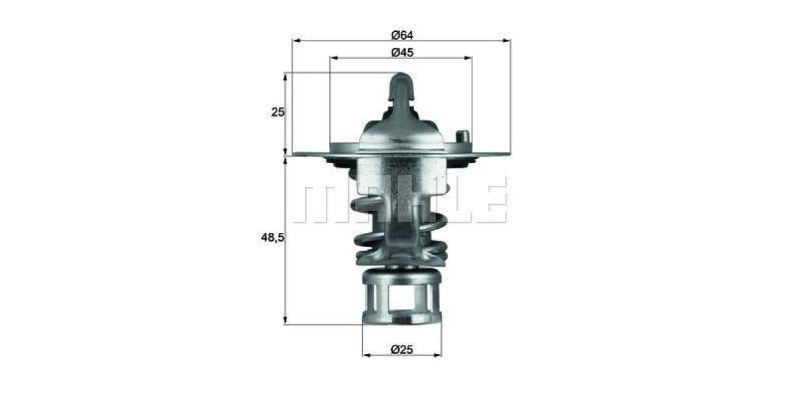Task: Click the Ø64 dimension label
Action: click(402, 34)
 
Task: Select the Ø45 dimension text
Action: click(402, 52)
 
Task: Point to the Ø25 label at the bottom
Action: click(402, 348)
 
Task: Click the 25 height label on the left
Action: click(277, 112)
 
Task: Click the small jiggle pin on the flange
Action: click(463, 137)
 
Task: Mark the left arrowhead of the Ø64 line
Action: click(296, 40)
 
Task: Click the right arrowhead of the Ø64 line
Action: click(507, 40)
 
